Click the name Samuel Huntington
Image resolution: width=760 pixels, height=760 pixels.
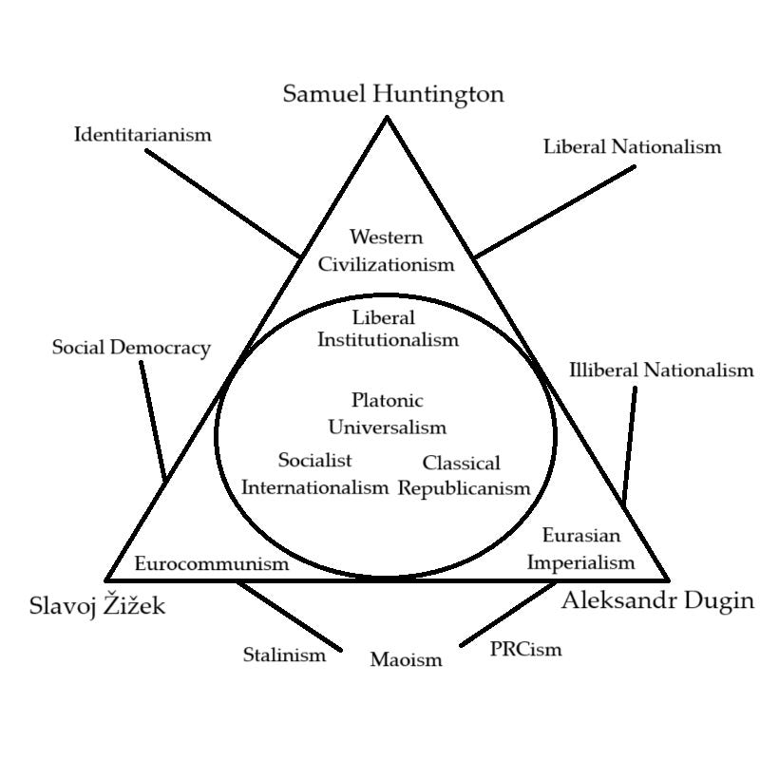click(x=393, y=94)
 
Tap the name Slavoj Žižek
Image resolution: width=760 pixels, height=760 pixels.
click(x=97, y=605)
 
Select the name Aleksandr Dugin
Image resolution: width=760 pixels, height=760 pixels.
click(x=657, y=600)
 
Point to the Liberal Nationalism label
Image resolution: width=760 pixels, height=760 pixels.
click(x=632, y=146)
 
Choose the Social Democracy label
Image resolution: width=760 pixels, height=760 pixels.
click(x=131, y=348)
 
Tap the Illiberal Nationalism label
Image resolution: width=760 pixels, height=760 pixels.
click(x=660, y=370)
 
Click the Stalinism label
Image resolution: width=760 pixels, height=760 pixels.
click(x=284, y=655)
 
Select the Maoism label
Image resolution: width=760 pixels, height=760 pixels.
click(x=406, y=659)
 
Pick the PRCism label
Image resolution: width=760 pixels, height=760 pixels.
click(x=525, y=650)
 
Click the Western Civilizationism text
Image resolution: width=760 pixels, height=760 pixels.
click(x=386, y=251)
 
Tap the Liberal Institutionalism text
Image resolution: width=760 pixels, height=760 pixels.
click(x=387, y=329)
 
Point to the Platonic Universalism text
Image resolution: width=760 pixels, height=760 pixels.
click(x=387, y=414)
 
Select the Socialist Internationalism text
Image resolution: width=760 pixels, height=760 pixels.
click(x=315, y=474)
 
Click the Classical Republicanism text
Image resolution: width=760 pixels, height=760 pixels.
click(x=463, y=476)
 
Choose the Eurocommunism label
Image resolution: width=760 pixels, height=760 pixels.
click(x=211, y=563)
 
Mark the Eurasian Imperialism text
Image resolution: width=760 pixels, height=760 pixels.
click(x=580, y=548)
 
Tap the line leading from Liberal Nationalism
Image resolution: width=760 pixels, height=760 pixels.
click(x=555, y=212)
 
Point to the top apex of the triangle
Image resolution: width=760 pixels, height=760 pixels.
click(x=387, y=118)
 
